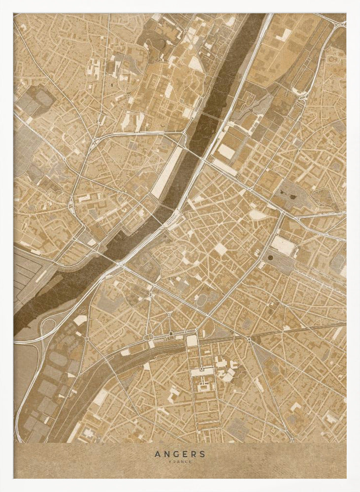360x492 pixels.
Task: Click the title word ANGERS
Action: [x=180, y=454]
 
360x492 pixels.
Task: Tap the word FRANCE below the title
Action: [x=180, y=461]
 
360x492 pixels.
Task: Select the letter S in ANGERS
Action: [x=202, y=454]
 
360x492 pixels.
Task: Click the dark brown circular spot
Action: [x=270, y=256]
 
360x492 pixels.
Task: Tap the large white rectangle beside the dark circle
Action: [x=284, y=245]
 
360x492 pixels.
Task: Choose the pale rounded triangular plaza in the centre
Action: [x=257, y=215]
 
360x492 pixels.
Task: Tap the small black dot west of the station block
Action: [x=171, y=335]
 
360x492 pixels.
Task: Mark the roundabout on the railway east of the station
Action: [x=249, y=339]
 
